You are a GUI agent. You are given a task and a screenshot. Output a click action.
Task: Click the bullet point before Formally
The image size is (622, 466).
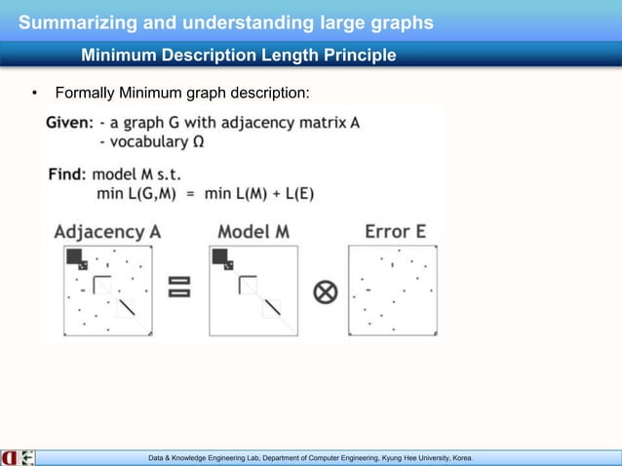pos(34,95)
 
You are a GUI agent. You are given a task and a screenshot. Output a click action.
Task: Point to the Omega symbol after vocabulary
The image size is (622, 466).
pos(198,142)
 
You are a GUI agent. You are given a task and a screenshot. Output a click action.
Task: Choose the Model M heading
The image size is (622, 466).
pos(254,231)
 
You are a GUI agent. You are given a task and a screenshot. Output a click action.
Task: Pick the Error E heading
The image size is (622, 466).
pos(394,231)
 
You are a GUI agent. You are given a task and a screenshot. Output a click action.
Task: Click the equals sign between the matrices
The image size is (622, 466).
pos(179,287)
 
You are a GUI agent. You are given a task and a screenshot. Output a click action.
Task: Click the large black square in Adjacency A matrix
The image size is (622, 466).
pos(74,257)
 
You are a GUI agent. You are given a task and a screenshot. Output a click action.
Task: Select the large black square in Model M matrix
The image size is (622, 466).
pos(218,257)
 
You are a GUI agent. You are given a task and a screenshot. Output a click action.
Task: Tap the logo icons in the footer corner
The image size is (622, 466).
pos(19,456)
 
